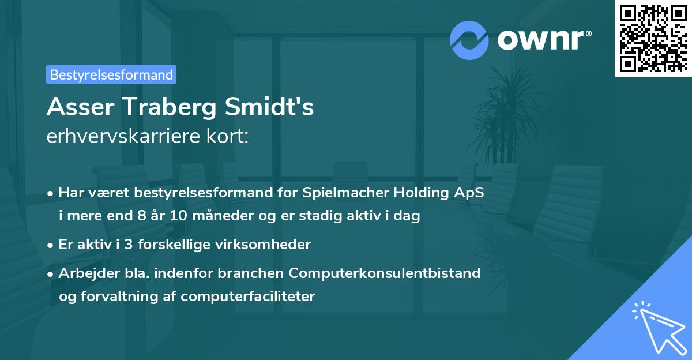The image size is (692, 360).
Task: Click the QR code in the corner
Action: [653, 39]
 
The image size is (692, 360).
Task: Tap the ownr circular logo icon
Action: [469, 40]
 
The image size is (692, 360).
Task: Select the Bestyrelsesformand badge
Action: [111, 74]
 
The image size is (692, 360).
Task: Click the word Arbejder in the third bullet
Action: [84, 273]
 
